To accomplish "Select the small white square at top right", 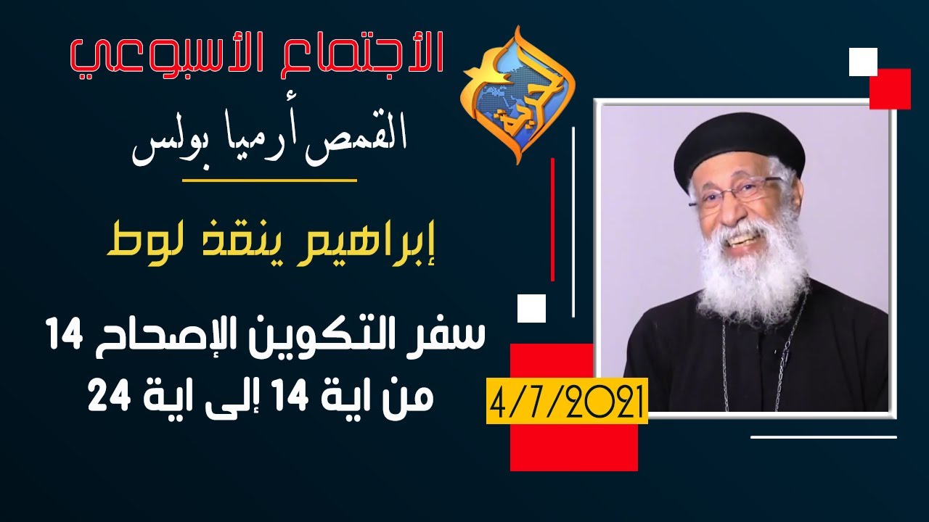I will tap(864, 62).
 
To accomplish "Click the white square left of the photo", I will tap(531, 307).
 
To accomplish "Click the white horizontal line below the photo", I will tap(823, 436).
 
